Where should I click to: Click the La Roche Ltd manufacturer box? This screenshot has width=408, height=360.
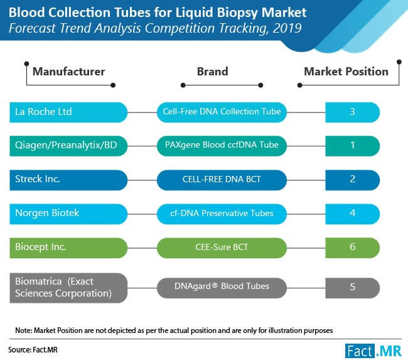68,112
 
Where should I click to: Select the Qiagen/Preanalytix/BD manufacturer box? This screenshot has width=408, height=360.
68,146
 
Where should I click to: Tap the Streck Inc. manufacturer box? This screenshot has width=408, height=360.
68,180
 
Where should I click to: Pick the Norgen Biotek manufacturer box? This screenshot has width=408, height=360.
68,214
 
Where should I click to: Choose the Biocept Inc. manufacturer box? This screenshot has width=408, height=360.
68,248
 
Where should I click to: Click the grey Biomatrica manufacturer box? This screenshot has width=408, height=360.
68,288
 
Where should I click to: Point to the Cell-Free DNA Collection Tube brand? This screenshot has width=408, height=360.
222,112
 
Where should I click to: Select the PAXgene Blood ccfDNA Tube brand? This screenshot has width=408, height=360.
222,146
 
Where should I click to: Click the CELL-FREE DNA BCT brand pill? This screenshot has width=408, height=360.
222,180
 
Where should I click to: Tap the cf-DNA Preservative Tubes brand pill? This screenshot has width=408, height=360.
222,214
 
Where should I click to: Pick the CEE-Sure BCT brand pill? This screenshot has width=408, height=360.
222,248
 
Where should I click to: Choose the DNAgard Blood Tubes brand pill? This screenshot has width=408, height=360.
222,288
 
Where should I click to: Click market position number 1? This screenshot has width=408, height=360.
352,145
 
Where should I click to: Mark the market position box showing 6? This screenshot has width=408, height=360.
352,248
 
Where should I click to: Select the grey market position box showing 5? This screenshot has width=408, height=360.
352,288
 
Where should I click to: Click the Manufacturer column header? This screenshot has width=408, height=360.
68,72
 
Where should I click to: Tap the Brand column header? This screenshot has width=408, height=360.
213,72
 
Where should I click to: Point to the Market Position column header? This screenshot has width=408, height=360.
346,72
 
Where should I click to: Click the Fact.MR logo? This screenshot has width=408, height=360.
373,351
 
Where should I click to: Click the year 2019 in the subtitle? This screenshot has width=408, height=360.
287,28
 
